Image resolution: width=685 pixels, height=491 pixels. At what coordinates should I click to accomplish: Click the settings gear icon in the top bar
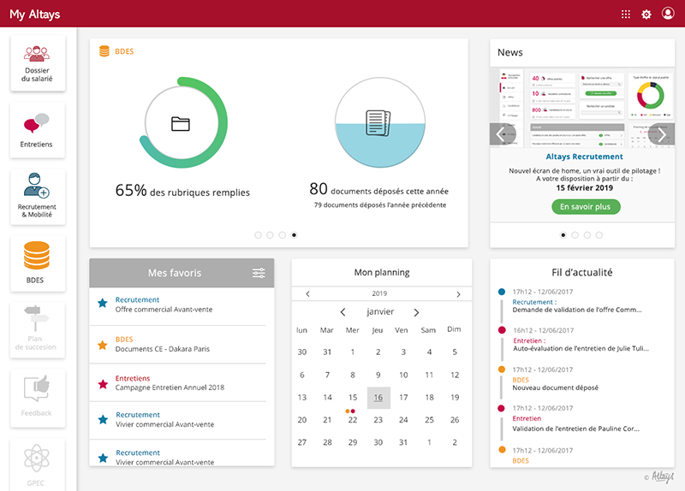pyautogui.click(x=646, y=14)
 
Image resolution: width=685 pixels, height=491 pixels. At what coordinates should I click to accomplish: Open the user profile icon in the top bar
pyautogui.click(x=668, y=14)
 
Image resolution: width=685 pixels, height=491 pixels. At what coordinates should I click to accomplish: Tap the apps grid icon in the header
pyautogui.click(x=626, y=14)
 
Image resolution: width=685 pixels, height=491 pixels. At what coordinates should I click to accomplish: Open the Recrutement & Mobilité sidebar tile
pyautogui.click(x=37, y=196)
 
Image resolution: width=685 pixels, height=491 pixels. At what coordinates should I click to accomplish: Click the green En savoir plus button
pyautogui.click(x=586, y=207)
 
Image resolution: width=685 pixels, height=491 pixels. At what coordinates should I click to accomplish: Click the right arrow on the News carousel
pyautogui.click(x=661, y=134)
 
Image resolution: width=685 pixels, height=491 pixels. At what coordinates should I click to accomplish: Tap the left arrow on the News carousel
pyautogui.click(x=503, y=134)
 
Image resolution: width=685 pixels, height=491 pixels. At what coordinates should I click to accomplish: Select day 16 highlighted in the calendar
pyautogui.click(x=378, y=398)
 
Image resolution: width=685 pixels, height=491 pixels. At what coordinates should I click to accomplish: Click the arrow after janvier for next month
pyautogui.click(x=416, y=312)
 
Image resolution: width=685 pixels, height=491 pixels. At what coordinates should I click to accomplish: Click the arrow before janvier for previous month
pyautogui.click(x=342, y=312)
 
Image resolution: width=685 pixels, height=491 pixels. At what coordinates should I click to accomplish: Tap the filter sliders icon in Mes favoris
pyautogui.click(x=259, y=273)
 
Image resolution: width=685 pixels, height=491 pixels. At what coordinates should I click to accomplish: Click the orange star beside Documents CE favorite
pyautogui.click(x=103, y=345)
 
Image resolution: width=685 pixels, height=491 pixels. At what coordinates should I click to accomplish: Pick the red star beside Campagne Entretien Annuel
pyautogui.click(x=103, y=382)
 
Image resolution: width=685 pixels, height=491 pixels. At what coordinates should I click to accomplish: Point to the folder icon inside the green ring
pyautogui.click(x=180, y=123)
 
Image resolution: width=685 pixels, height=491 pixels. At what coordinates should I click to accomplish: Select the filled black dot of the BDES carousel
pyautogui.click(x=295, y=234)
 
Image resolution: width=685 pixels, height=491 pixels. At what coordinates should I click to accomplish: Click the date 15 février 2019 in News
pyautogui.click(x=585, y=187)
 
